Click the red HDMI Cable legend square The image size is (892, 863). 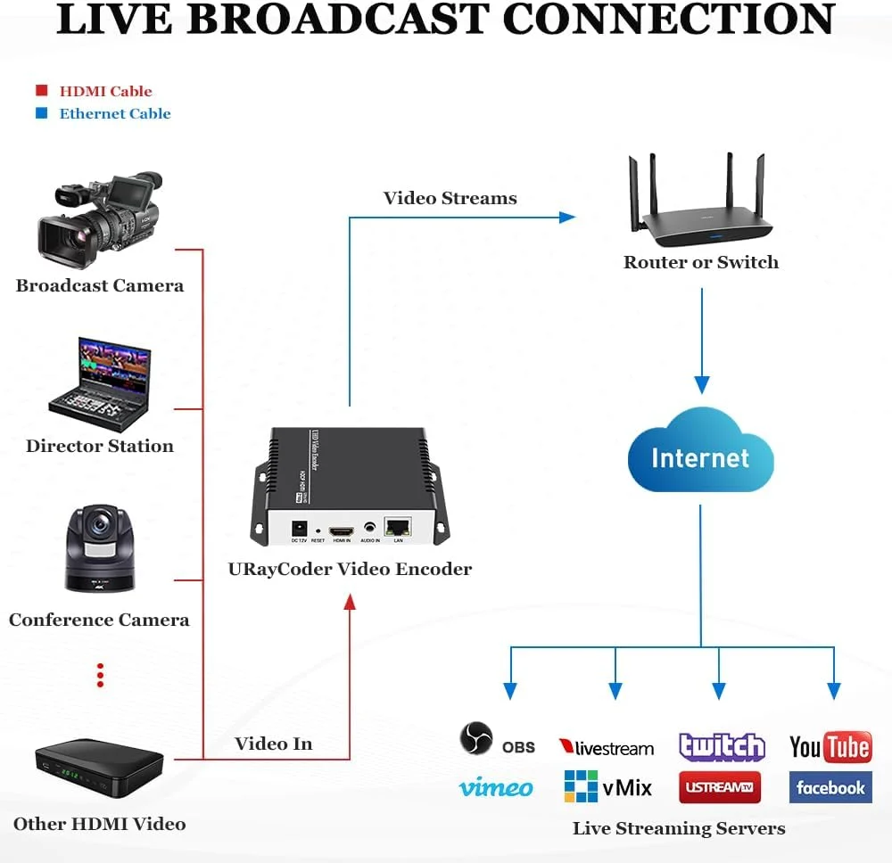tap(41, 91)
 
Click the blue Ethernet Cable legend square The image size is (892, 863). tap(41, 113)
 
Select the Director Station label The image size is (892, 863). tap(99, 447)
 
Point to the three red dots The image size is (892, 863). tap(101, 675)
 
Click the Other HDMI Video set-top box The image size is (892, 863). tap(99, 768)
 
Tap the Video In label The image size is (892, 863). tap(274, 744)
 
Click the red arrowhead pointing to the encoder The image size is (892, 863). tap(350, 602)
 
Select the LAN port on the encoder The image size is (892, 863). tap(397, 527)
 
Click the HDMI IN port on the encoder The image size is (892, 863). tap(342, 530)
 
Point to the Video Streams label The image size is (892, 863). tap(450, 198)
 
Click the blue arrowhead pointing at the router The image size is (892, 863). tap(567, 217)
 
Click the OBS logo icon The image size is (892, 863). tap(476, 739)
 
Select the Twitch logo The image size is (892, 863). tap(722, 746)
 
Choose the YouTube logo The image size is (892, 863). tap(830, 747)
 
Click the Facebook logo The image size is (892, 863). tap(830, 787)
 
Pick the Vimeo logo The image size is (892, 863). tap(495, 787)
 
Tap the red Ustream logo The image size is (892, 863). tap(720, 787)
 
